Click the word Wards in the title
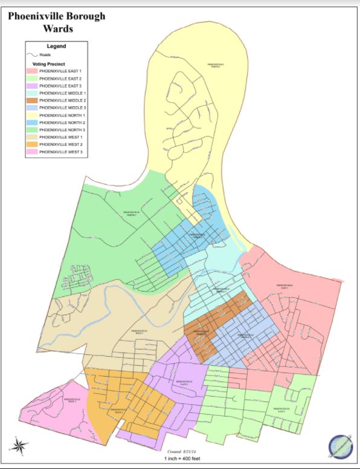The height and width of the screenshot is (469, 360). tap(56, 28)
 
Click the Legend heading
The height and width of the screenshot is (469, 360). tap(56, 46)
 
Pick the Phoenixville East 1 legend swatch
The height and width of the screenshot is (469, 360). tap(31, 72)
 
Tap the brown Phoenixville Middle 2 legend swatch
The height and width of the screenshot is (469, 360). tap(31, 100)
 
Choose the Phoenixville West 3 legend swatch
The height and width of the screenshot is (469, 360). tap(31, 152)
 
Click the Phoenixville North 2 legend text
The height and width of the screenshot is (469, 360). tap(62, 123)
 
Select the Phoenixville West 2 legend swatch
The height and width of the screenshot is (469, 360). tap(31, 144)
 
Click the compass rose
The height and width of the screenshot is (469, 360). tap(18, 447)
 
